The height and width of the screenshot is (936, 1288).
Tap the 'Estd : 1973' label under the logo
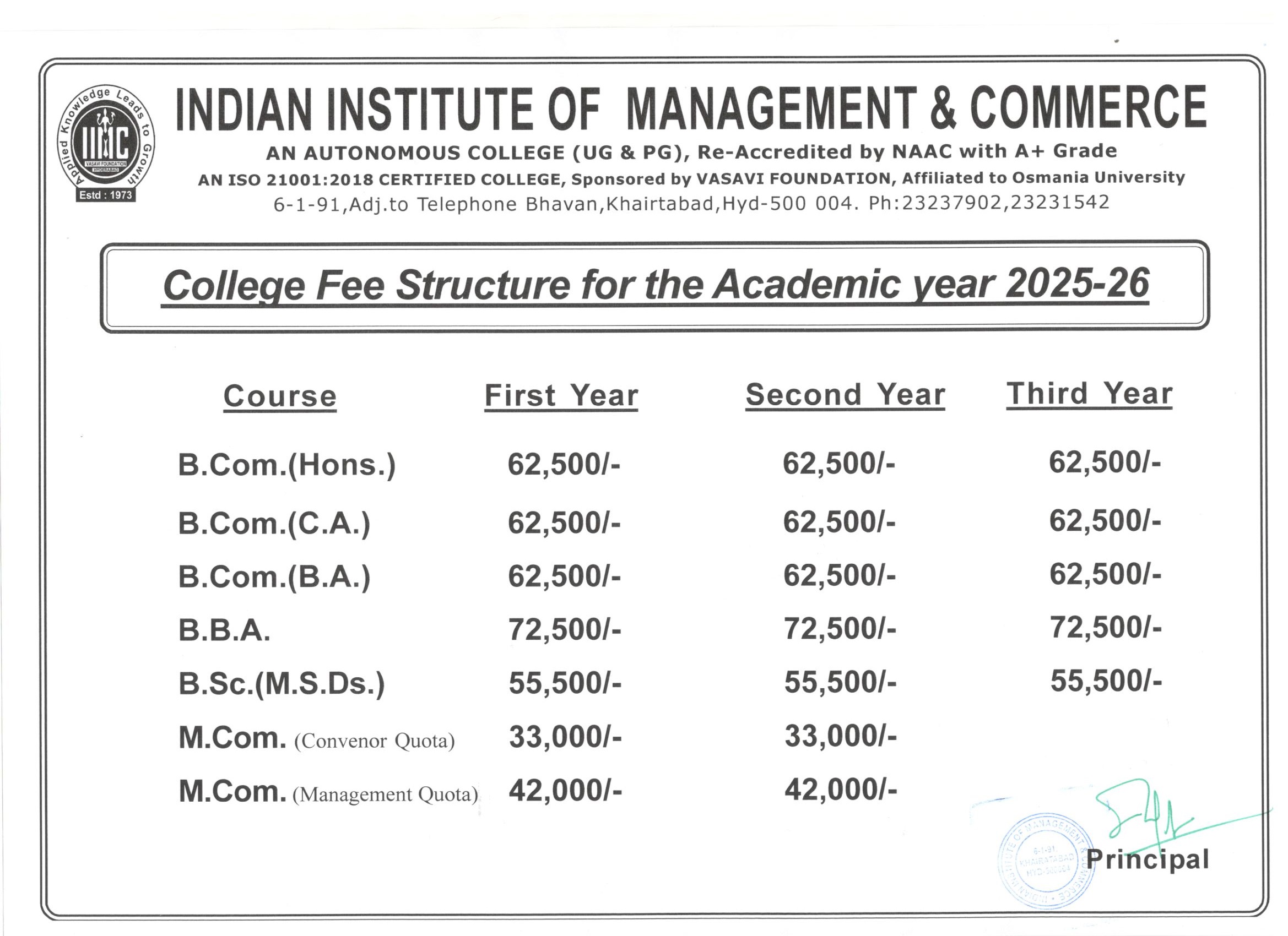point(106,195)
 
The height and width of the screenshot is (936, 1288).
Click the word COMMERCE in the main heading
point(1088,108)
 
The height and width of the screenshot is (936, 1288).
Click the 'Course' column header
point(279,396)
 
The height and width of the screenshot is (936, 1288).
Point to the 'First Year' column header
point(561,395)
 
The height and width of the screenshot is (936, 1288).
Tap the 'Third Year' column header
point(1089,393)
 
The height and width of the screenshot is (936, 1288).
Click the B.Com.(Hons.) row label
point(287,465)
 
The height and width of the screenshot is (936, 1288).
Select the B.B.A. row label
point(224,630)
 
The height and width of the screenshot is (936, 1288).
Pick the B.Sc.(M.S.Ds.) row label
point(282,683)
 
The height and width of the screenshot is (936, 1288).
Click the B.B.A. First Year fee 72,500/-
point(565,629)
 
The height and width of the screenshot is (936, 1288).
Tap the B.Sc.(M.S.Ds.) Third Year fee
point(1106,681)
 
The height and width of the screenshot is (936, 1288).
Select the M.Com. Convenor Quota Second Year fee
point(841,736)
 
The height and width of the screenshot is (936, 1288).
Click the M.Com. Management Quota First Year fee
point(565,790)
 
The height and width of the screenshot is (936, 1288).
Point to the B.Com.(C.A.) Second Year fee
point(839,521)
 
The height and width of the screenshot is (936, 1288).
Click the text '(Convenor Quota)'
point(374,741)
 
